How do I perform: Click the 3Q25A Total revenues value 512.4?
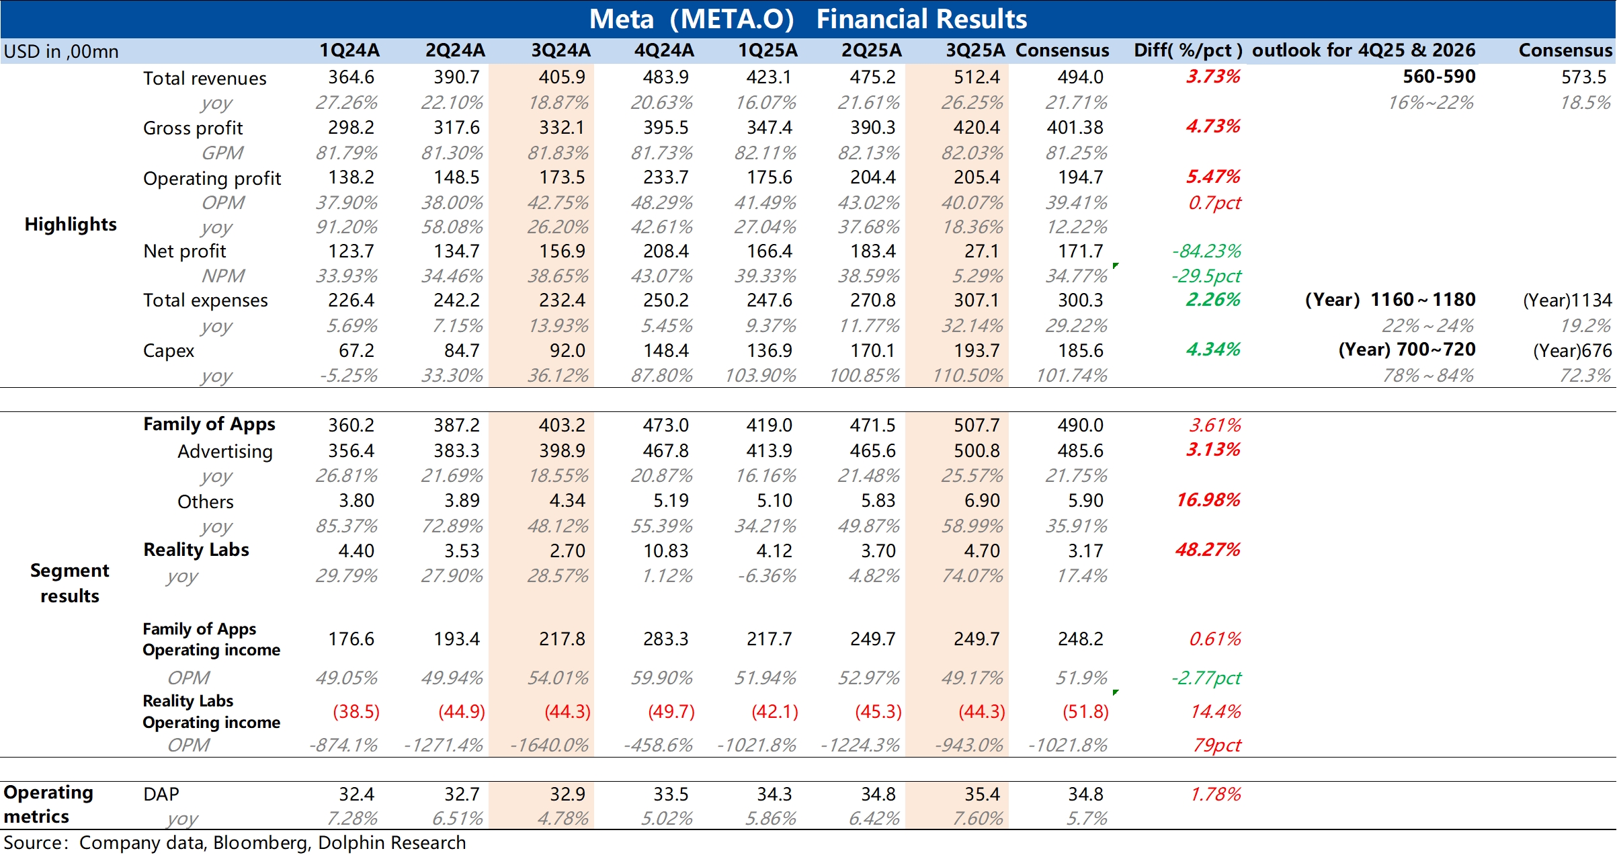click(x=977, y=77)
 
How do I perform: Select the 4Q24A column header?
click(x=664, y=50)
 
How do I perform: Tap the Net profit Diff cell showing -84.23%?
click(x=1206, y=251)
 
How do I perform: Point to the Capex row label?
click(x=169, y=351)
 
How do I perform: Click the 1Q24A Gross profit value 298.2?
click(x=351, y=128)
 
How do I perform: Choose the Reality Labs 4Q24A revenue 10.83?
click(x=665, y=551)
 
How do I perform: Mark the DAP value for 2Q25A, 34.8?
click(x=878, y=795)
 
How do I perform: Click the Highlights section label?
click(x=71, y=225)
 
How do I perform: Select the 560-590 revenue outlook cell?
click(x=1438, y=77)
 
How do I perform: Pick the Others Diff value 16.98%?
click(x=1208, y=500)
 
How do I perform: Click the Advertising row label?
click(x=225, y=452)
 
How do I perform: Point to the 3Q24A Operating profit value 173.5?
click(x=562, y=177)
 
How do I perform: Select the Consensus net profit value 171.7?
click(x=1080, y=251)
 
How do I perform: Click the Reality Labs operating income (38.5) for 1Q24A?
click(x=356, y=712)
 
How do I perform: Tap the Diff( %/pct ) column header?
click(x=1188, y=50)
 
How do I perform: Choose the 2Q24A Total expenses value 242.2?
click(x=456, y=300)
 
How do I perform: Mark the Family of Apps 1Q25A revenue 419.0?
click(x=769, y=425)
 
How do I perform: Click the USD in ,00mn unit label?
click(x=61, y=52)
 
